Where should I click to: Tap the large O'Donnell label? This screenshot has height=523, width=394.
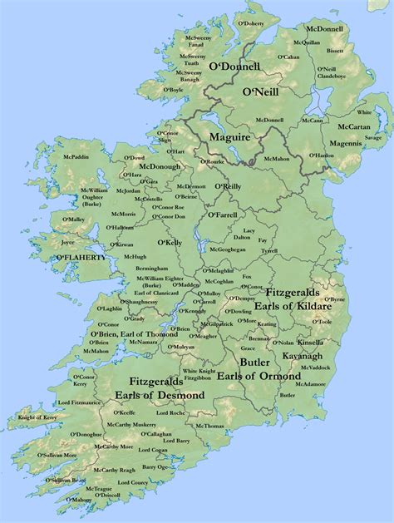click(x=234, y=66)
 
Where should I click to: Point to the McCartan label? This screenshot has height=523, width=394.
click(x=355, y=127)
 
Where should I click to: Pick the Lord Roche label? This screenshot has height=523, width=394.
click(x=170, y=413)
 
